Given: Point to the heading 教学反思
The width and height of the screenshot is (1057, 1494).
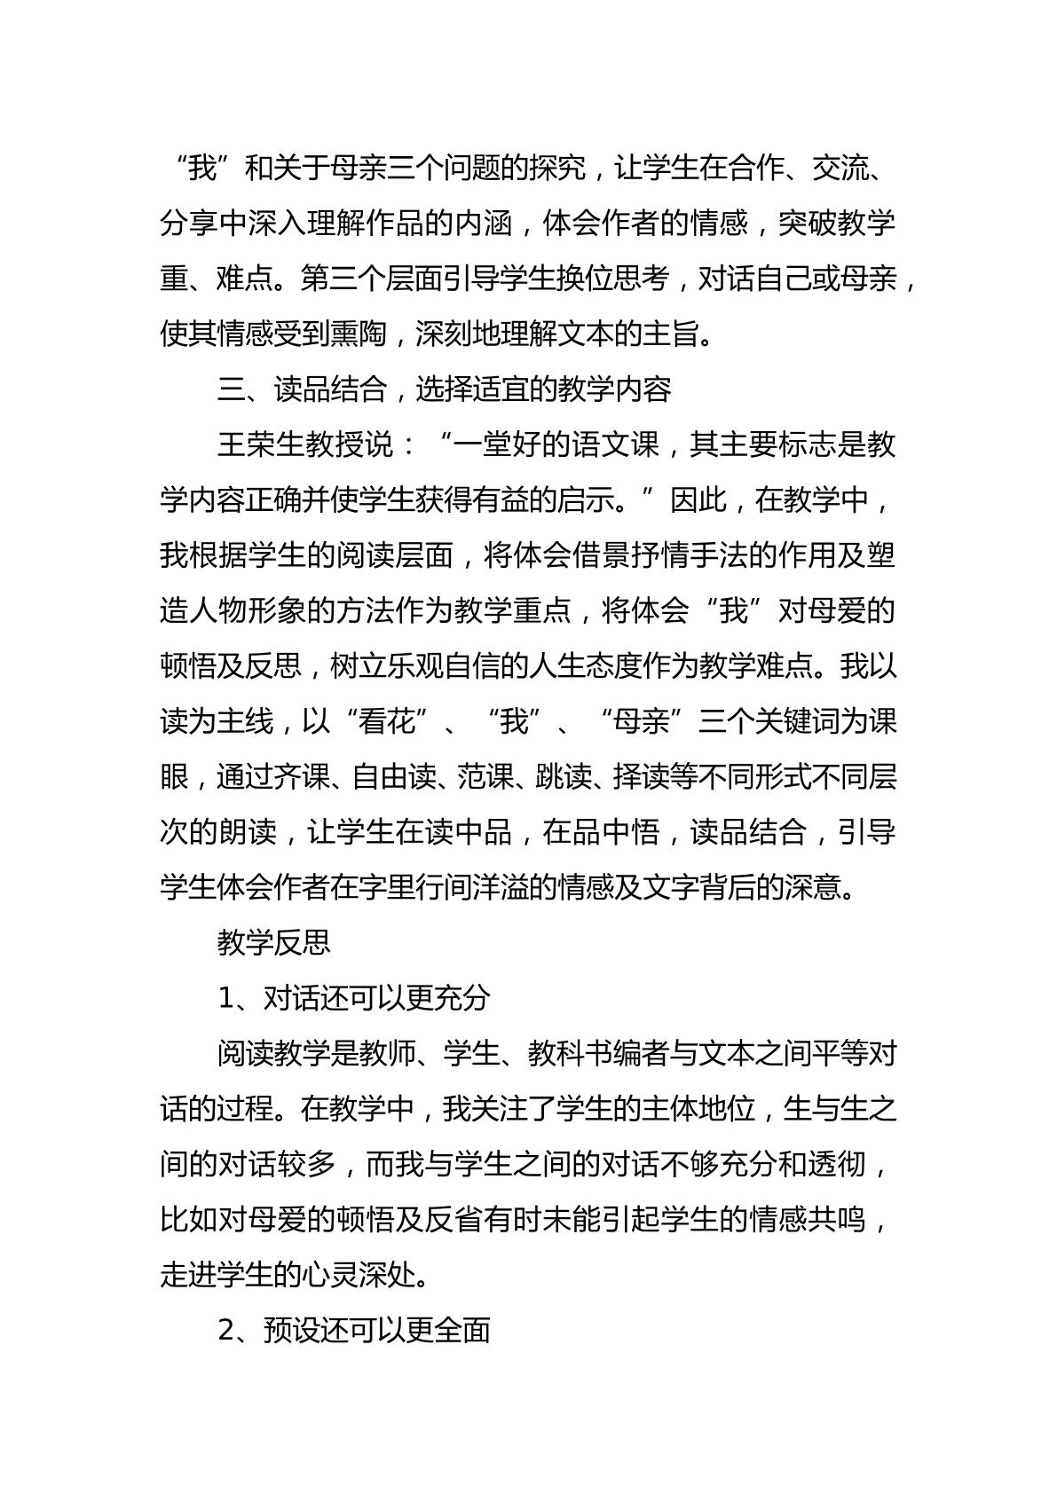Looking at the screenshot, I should coord(274,943).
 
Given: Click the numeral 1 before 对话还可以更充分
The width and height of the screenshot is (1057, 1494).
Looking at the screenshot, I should coord(225,999).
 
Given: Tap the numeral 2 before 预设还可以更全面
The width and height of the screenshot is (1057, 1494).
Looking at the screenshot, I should coord(225,1332).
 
